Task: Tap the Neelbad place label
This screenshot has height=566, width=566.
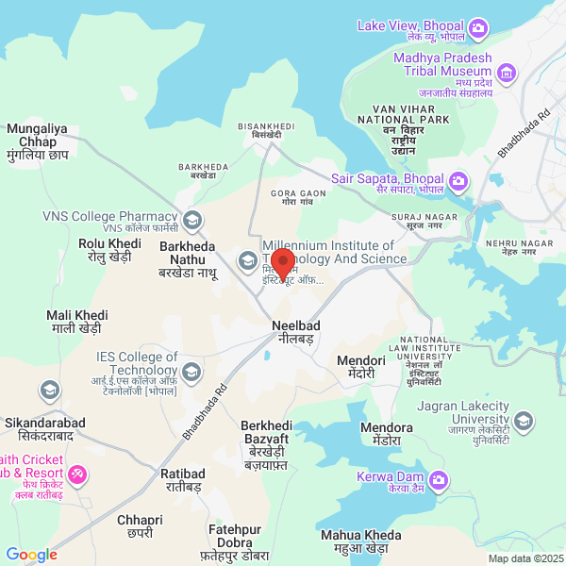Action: click(295, 331)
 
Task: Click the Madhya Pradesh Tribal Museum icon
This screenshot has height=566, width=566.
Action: click(508, 73)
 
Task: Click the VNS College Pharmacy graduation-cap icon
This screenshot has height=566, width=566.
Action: click(192, 221)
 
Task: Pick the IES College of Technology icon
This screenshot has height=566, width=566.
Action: click(191, 371)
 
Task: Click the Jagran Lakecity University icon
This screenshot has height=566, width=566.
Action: click(522, 420)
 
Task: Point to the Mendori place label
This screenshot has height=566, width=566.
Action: click(361, 366)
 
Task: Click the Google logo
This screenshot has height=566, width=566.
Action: click(31, 555)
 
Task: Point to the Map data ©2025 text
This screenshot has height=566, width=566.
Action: click(524, 558)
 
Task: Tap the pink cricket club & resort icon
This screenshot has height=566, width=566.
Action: click(77, 473)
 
